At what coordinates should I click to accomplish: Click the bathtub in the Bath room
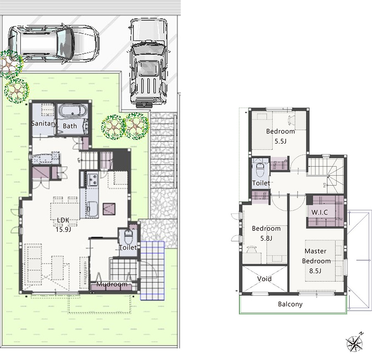(x=73, y=111)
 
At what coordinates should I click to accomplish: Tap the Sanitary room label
(x=44, y=123)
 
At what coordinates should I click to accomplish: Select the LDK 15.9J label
(x=63, y=225)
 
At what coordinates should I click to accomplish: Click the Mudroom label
(x=112, y=284)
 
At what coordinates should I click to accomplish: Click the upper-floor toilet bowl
(x=260, y=169)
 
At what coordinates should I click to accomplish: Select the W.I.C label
(x=320, y=212)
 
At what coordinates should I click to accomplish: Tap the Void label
(x=264, y=279)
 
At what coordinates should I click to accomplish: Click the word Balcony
(x=290, y=304)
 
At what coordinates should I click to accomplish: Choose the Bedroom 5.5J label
(x=280, y=136)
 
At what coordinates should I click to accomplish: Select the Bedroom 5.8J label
(x=266, y=233)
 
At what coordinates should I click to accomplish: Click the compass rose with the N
(x=355, y=342)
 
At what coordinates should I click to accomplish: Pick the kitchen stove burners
(x=92, y=180)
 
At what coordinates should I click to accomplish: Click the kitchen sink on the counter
(x=92, y=209)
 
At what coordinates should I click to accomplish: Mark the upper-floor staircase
(x=326, y=175)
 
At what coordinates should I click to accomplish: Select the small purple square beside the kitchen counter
(x=109, y=209)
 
